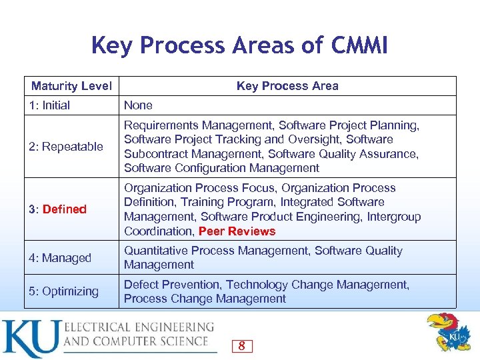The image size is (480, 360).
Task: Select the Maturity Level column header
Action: [71, 86]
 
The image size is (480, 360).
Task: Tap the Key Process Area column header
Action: [287, 86]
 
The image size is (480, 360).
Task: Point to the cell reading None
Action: [138, 105]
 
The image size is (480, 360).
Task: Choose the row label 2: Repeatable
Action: [66, 147]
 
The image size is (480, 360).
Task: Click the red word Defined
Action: [65, 209]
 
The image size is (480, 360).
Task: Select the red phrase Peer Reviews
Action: [237, 231]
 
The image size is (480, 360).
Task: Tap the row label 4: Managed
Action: [60, 258]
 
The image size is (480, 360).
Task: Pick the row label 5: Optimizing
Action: [63, 291]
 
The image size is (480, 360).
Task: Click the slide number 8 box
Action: [241, 345]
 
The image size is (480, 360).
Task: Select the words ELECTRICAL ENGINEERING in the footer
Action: [139, 327]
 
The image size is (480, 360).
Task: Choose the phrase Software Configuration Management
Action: [222, 168]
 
